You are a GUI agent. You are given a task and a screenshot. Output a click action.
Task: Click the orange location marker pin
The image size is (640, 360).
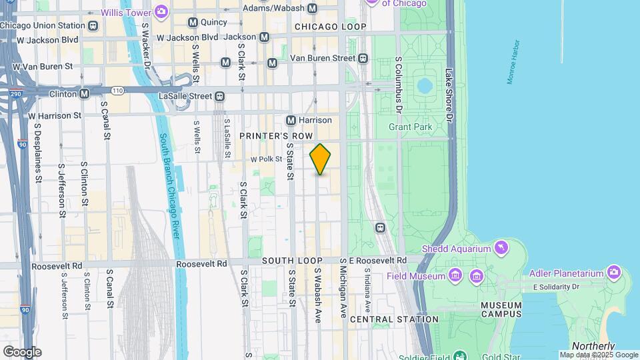click(x=320, y=159)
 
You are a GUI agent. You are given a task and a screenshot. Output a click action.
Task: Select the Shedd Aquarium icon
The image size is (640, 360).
click(x=499, y=249)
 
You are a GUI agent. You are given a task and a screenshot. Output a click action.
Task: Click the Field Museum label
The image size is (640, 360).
click(x=415, y=275)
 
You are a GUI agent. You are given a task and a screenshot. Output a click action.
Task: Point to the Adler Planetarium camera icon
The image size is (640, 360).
click(x=613, y=272)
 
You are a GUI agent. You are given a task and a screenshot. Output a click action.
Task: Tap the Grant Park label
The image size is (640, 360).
click(x=411, y=127)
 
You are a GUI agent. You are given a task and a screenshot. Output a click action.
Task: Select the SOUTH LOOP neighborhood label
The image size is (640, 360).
click(x=292, y=261)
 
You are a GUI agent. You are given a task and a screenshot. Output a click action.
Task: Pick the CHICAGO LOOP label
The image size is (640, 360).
click(x=330, y=27)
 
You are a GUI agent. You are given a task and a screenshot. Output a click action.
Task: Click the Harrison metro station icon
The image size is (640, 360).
click(x=291, y=120)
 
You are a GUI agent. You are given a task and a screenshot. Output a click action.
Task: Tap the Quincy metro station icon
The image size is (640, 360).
click(x=193, y=22)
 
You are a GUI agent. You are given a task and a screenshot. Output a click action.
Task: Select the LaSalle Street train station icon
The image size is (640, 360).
click(x=218, y=96)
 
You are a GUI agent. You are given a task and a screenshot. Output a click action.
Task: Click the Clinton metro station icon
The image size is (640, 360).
click(x=84, y=94)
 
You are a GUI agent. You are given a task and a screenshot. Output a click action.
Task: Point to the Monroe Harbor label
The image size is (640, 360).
click(x=513, y=61)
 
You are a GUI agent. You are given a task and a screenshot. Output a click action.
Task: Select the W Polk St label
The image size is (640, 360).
click(x=266, y=159)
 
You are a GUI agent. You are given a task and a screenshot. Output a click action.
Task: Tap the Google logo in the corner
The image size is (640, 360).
click(x=21, y=351)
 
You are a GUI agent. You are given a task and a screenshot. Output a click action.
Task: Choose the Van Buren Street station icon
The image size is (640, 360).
click(x=363, y=58)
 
